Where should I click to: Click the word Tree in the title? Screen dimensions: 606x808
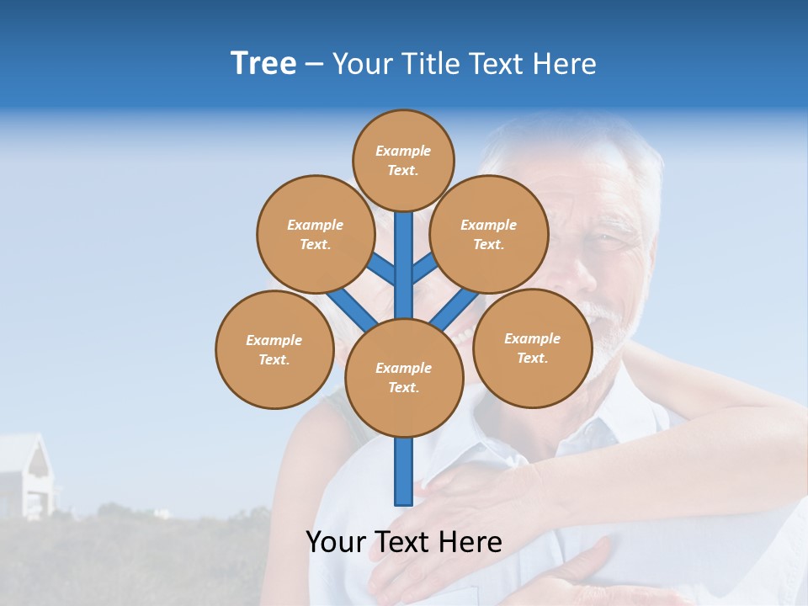pyautogui.click(x=263, y=63)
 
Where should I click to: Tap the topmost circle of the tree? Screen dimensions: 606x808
pyautogui.click(x=403, y=160)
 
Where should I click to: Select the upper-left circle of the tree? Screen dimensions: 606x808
pyautogui.click(x=315, y=234)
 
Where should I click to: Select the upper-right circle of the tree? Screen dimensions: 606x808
pyautogui.click(x=489, y=234)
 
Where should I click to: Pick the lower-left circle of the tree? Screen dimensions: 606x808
pyautogui.click(x=274, y=349)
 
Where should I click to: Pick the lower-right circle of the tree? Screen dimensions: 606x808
pyautogui.click(x=532, y=347)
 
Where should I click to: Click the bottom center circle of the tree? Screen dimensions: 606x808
pyautogui.click(x=404, y=378)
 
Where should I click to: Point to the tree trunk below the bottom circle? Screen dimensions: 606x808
pyautogui.click(x=404, y=471)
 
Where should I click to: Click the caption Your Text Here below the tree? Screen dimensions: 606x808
pyautogui.click(x=404, y=541)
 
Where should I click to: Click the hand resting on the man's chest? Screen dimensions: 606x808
pyautogui.click(x=488, y=497)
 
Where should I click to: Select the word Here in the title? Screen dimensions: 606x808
pyautogui.click(x=563, y=64)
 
